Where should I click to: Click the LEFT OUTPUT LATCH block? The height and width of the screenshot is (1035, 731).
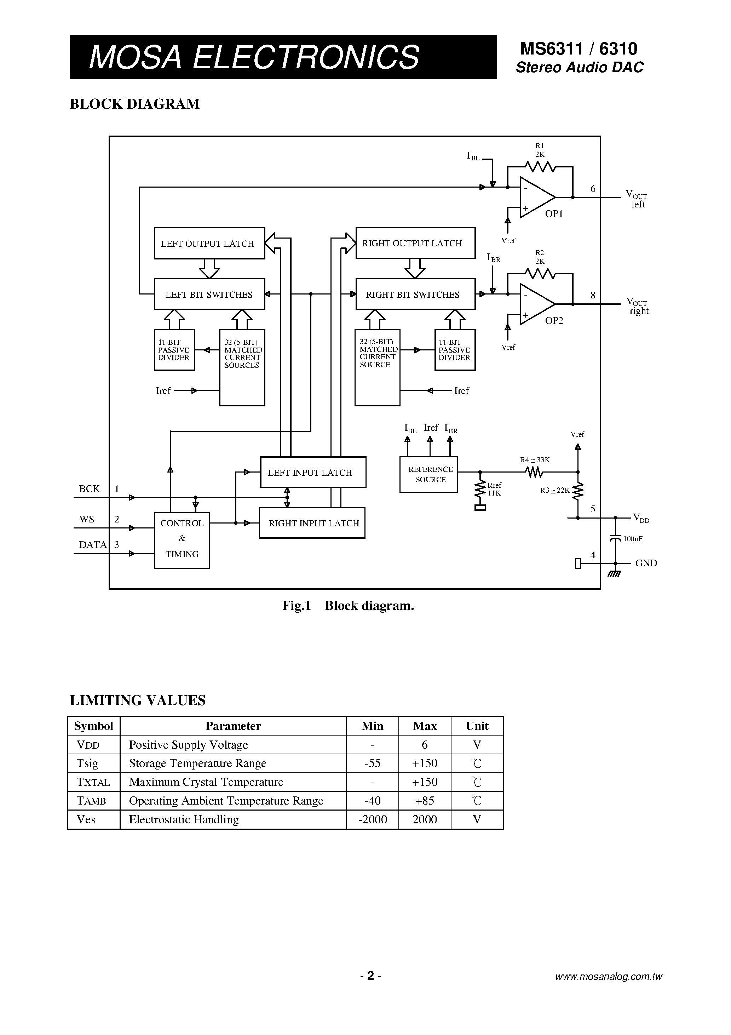(x=209, y=244)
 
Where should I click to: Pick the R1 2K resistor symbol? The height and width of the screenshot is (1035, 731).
(x=540, y=167)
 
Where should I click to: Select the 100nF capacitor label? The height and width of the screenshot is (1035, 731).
(x=633, y=539)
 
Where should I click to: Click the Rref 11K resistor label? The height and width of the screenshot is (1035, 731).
(x=494, y=489)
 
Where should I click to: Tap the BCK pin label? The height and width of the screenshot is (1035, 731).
(x=89, y=488)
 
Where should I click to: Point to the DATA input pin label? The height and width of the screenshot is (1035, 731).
(x=93, y=544)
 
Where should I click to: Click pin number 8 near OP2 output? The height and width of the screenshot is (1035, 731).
(x=593, y=295)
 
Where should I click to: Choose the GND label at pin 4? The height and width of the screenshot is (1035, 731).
(x=646, y=563)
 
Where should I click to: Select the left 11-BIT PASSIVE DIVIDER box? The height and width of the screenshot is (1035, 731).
(x=174, y=350)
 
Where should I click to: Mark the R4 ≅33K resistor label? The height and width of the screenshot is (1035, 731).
(x=535, y=460)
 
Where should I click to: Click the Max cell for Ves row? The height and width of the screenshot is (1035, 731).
(x=425, y=819)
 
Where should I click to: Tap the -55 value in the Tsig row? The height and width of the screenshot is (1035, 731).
(x=372, y=763)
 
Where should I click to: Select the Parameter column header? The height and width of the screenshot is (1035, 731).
(x=233, y=726)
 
